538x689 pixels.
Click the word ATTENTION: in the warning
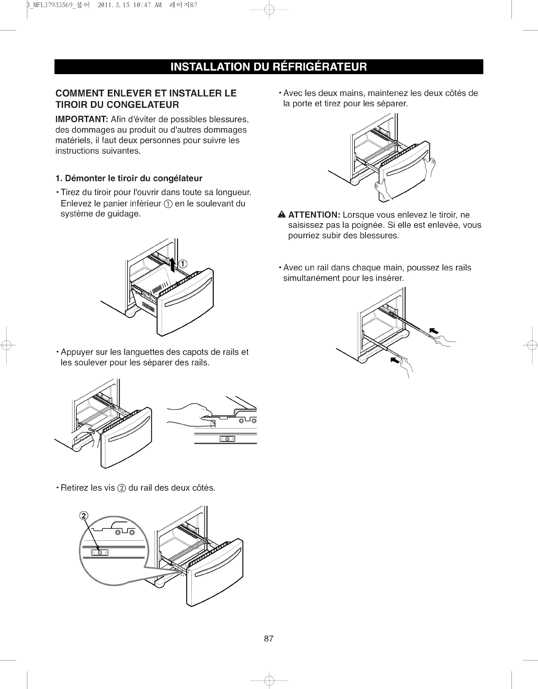[x=314, y=215]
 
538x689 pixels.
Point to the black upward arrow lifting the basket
[x=173, y=263]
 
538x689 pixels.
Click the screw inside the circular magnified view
[x=100, y=552]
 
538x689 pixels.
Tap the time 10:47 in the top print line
[x=136, y=5]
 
